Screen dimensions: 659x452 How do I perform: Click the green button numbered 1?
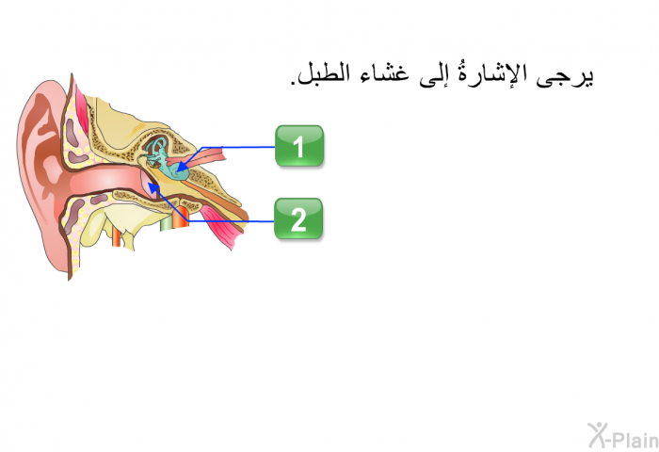(299, 145)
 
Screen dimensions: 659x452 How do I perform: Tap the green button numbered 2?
(298, 218)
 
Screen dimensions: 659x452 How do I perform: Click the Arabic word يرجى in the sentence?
(565, 75)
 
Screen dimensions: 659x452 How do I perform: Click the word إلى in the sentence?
(434, 75)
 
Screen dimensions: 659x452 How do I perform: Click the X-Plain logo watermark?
(623, 436)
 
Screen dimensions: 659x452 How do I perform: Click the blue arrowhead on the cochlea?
(181, 168)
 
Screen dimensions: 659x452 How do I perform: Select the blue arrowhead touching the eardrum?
(153, 187)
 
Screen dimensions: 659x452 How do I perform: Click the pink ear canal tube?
(105, 181)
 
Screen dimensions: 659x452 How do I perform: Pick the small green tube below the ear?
(167, 222)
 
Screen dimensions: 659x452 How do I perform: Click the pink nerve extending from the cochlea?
(206, 157)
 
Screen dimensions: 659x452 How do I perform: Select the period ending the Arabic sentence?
(293, 83)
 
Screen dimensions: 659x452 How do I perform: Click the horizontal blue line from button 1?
(238, 148)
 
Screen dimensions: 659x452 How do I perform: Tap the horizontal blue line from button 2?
(231, 221)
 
